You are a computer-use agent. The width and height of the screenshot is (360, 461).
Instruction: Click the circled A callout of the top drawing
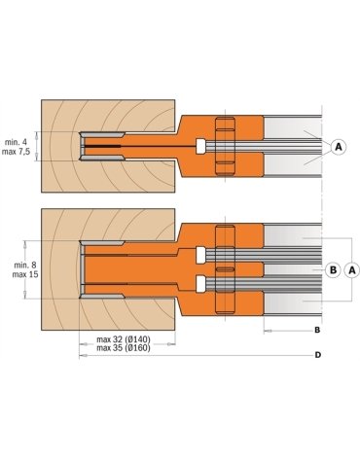click(x=339, y=147)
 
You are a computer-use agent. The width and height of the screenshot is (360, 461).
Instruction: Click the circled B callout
click(x=333, y=269)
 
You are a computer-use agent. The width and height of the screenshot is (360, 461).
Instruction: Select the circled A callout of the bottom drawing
click(x=352, y=269)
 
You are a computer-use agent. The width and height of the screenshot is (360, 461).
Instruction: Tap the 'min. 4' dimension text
click(x=16, y=142)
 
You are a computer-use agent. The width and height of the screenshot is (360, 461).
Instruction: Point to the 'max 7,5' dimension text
click(x=16, y=152)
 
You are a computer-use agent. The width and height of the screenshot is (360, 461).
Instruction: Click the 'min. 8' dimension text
click(x=25, y=266)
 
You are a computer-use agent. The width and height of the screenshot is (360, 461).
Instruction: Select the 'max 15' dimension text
click(x=25, y=274)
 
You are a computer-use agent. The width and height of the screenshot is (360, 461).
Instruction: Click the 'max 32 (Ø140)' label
click(x=124, y=339)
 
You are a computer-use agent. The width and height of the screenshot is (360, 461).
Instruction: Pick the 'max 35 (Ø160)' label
click(x=124, y=348)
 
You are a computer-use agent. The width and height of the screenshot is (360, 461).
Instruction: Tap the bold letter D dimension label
click(x=318, y=355)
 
